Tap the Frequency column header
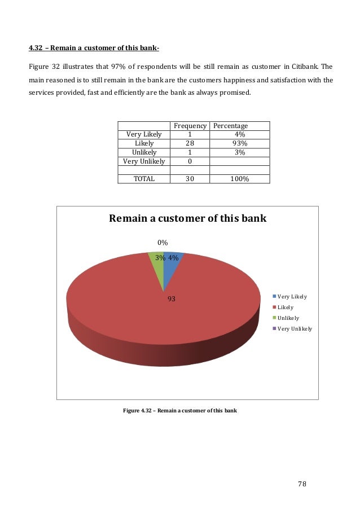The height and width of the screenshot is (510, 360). point(190,126)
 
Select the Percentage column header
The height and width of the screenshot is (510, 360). point(230,126)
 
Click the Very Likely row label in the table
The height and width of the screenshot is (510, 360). point(144,134)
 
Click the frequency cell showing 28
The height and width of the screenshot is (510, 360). point(190,143)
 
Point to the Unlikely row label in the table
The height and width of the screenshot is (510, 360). point(144,152)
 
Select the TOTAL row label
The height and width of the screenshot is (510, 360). point(144,178)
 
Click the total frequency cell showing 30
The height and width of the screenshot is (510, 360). point(190,178)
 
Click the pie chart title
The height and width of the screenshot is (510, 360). point(187,218)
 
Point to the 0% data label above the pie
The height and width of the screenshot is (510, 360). point(163,243)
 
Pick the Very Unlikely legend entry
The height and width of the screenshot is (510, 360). point(293,328)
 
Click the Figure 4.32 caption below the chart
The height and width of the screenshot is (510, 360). point(180,410)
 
